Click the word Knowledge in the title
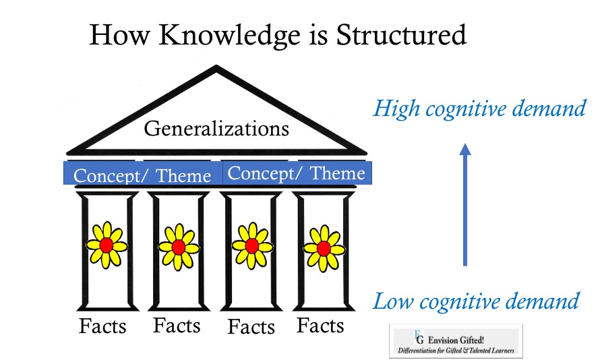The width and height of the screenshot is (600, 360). pos(230,36)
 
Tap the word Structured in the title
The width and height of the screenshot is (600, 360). pos(401,34)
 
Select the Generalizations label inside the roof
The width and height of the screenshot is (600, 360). pos(216,129)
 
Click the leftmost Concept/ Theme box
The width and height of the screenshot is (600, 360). pos(143,173)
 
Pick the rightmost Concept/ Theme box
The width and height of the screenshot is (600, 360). pos(297,173)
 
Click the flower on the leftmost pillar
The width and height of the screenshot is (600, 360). pos(107,245)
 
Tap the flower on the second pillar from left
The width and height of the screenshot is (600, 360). pos(179,247)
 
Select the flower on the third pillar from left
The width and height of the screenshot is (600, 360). pos(251,245)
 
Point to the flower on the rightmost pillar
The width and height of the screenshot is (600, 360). pos(324,248)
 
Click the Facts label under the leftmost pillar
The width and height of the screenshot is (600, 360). pos(102,326)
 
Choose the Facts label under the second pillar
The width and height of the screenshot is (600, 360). pos(177,325)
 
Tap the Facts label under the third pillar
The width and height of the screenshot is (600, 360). pos(251,327)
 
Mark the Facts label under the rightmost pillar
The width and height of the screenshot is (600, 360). pos(320,325)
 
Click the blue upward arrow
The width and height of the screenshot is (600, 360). pos(465,205)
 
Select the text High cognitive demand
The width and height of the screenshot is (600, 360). pos(479,109)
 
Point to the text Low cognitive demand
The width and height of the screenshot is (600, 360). pos(476,301)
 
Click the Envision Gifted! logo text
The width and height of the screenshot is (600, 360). pos(456,340)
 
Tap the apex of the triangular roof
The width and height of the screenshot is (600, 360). pos(216,66)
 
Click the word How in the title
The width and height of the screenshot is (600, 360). pos(119,35)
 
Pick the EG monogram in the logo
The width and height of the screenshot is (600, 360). pos(419,337)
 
